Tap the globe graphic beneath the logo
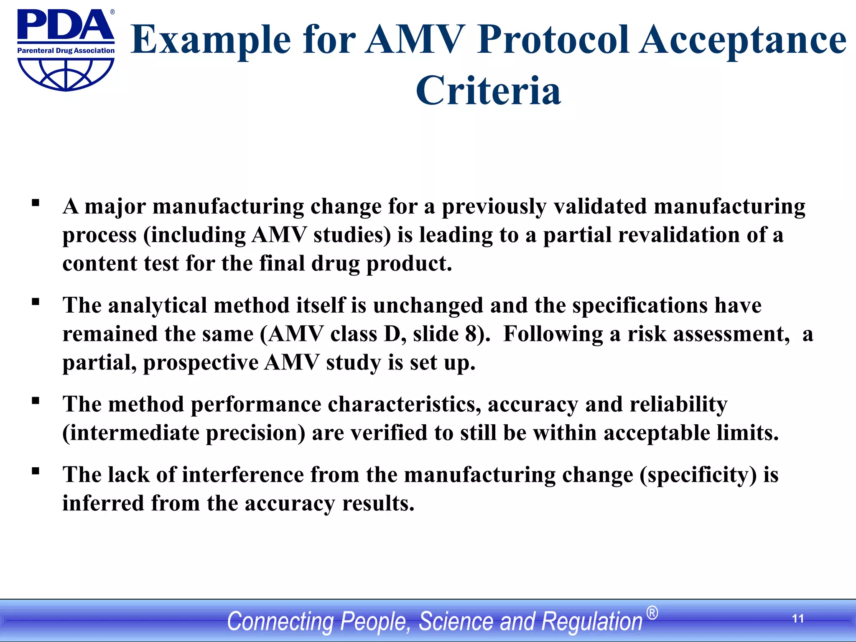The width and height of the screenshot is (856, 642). [x=66, y=74]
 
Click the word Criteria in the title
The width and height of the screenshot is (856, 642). [x=488, y=90]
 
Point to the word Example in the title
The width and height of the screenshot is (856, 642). [x=211, y=40]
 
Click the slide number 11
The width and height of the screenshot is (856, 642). [x=798, y=619]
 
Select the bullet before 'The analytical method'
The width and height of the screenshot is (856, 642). [x=36, y=302]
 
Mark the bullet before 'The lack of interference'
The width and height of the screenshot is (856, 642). [x=36, y=471]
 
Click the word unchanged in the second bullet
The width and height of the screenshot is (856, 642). [x=428, y=305]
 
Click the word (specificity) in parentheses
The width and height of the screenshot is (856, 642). [x=698, y=475]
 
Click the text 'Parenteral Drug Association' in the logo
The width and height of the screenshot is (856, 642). [x=66, y=51]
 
